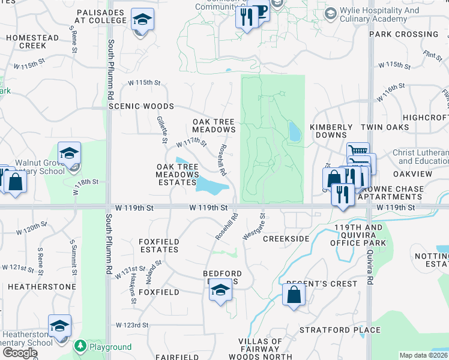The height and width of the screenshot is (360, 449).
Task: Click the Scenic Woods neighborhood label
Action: (141, 106)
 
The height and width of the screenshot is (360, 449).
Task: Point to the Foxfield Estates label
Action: (159, 245)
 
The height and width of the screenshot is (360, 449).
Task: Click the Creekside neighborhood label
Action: (286, 239)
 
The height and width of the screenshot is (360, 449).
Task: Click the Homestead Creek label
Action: (32, 41)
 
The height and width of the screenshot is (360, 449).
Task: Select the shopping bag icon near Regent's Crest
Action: (294, 295)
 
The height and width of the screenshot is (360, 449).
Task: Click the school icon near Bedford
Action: (220, 292)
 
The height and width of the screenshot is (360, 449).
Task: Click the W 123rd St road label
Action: (133, 325)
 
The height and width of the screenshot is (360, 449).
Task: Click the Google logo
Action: (20, 353)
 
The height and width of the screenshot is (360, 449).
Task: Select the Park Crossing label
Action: (396, 34)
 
